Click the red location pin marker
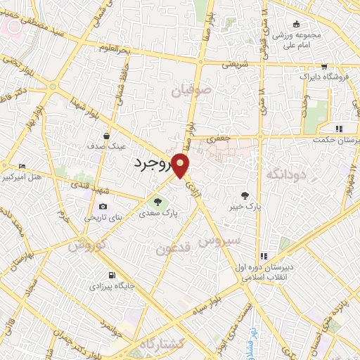pyautogui.click(x=181, y=165)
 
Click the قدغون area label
pyautogui.click(x=173, y=248)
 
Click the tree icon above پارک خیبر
pyautogui.click(x=245, y=196)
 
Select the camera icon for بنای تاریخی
pyautogui.click(x=103, y=207)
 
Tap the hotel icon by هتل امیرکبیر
pyautogui.click(x=22, y=166)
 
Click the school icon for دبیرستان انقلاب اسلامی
pyautogui.click(x=265, y=257)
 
